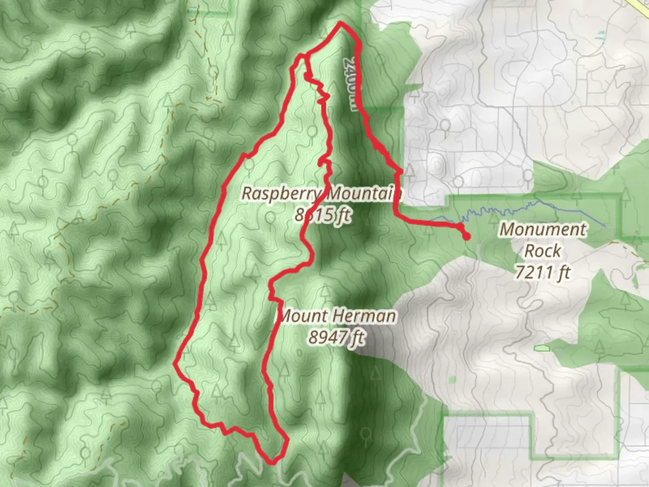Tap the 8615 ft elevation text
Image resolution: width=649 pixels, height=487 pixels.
(322, 215)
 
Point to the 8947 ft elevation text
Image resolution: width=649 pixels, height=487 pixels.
(337, 336)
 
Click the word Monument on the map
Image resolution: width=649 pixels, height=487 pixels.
(543, 230)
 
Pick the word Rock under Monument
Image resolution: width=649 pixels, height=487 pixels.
(542, 251)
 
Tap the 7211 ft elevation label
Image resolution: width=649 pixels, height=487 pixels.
(543, 272)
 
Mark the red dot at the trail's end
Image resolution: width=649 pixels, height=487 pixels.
(466, 236)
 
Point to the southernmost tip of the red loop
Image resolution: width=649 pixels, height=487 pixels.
(272, 462)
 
